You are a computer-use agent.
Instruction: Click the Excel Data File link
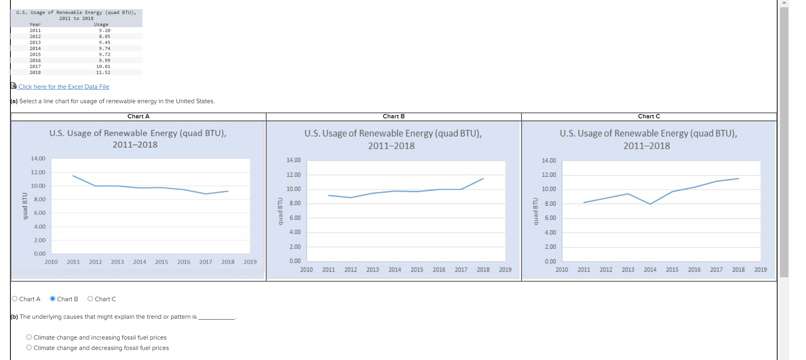(x=64, y=87)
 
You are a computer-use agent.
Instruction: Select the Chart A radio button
(x=15, y=299)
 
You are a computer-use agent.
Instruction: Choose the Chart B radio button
(x=52, y=299)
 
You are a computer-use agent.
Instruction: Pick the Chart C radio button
(x=90, y=299)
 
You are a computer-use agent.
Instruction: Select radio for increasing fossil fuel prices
(x=29, y=337)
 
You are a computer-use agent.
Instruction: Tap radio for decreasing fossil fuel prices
(x=29, y=348)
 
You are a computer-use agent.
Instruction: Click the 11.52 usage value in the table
(x=103, y=72)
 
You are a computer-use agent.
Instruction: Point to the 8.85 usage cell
(x=104, y=36)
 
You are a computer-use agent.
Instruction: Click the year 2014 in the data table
(x=35, y=48)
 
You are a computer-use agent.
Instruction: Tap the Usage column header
(x=101, y=24)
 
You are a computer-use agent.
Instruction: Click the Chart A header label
(x=138, y=116)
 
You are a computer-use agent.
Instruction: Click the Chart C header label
(x=649, y=116)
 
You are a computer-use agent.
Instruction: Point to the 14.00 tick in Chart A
(x=38, y=158)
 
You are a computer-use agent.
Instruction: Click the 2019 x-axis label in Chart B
(x=505, y=270)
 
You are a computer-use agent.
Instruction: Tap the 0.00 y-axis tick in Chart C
(x=550, y=261)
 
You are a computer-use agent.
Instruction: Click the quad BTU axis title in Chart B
(x=280, y=211)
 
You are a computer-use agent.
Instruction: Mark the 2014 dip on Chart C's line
(x=650, y=204)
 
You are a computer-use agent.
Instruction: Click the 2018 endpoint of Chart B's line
(x=483, y=178)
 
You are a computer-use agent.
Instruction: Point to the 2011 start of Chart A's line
(x=73, y=176)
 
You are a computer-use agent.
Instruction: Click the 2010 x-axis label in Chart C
(x=561, y=270)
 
